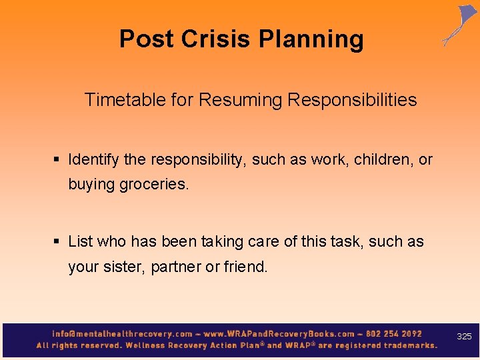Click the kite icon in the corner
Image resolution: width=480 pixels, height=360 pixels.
[x=461, y=24]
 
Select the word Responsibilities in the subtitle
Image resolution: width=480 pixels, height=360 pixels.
[x=352, y=100]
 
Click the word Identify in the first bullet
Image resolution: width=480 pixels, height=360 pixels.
[x=93, y=160]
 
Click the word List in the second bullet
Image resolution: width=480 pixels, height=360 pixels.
[x=80, y=241]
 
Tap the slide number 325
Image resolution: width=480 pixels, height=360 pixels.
[x=464, y=337]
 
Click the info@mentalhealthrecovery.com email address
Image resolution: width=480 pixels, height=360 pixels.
[x=122, y=333]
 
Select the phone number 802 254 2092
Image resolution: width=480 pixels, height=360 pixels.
[x=393, y=333]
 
